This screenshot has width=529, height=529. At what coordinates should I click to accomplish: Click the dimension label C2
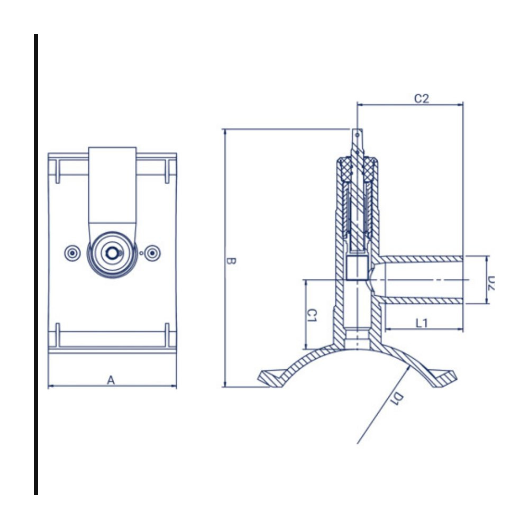point(422,98)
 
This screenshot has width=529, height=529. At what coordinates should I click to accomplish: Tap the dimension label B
point(231,261)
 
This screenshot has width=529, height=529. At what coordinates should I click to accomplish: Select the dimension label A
point(111,380)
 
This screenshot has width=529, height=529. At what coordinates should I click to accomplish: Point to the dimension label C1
point(312,315)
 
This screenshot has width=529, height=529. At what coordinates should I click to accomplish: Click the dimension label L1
point(422,323)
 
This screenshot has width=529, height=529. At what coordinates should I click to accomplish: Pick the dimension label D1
point(396,398)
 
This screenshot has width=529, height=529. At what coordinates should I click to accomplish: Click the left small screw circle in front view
point(72,253)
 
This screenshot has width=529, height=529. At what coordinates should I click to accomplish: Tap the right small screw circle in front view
point(152,253)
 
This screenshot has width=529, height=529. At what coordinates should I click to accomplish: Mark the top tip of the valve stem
point(357,129)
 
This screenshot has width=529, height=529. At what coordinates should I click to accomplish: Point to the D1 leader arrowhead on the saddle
point(408,367)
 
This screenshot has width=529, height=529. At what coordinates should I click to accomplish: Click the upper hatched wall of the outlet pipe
point(421,259)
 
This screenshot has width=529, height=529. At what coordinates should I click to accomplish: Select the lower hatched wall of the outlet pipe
point(421,300)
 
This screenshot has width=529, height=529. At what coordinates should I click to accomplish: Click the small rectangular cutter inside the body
point(357,268)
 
